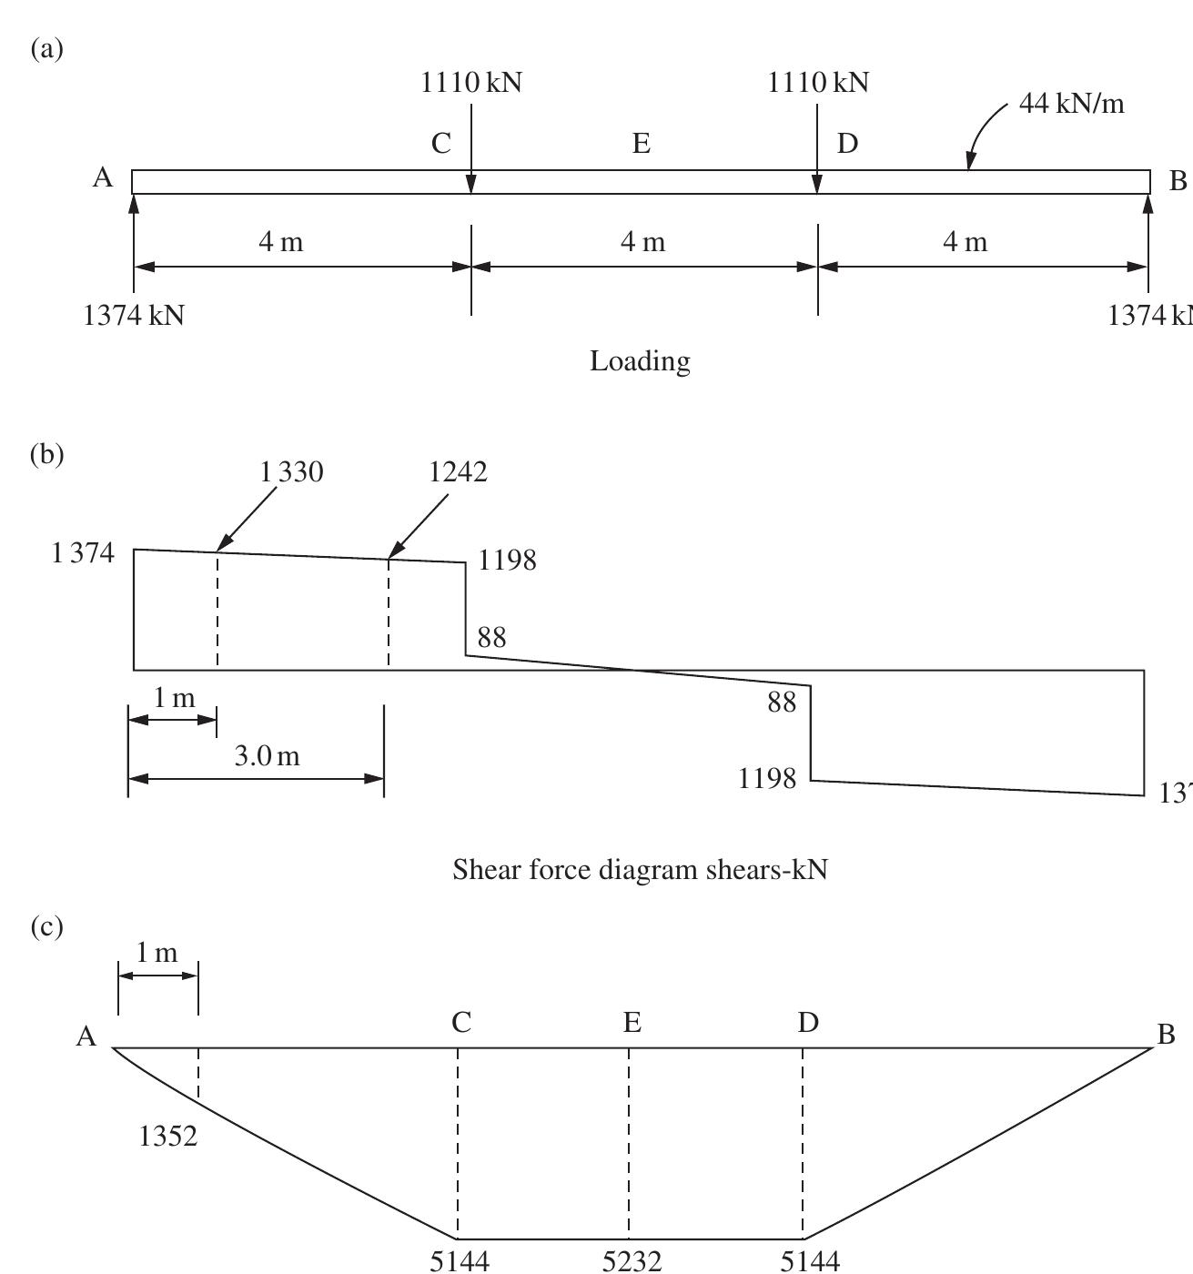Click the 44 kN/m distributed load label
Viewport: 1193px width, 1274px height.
(x=1071, y=104)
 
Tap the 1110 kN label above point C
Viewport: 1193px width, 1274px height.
(x=471, y=83)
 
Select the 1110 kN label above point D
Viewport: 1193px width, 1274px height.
(x=818, y=83)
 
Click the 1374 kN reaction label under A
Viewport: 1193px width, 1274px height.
(x=134, y=316)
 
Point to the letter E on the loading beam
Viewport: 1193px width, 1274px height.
(x=641, y=144)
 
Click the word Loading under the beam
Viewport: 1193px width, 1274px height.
(x=640, y=361)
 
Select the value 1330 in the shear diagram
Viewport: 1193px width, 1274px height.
(x=291, y=471)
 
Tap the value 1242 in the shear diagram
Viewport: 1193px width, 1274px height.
(x=458, y=471)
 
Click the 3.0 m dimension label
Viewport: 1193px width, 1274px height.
(x=267, y=755)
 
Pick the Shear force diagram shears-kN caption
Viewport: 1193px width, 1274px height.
(x=640, y=870)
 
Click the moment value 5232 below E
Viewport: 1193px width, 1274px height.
(x=632, y=1260)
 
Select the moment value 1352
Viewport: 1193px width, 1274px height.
(x=168, y=1137)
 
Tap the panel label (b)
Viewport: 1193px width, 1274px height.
(x=47, y=453)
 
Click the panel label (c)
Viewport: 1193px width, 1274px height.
(x=47, y=926)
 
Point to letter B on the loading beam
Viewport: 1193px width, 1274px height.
(x=1178, y=181)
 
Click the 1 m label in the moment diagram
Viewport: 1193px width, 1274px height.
(x=157, y=953)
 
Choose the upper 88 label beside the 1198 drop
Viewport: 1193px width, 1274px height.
(x=491, y=638)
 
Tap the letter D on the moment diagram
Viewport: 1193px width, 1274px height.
(x=808, y=1023)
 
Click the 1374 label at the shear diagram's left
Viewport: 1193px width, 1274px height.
(x=84, y=552)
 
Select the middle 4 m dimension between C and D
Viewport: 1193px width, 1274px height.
(x=643, y=242)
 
